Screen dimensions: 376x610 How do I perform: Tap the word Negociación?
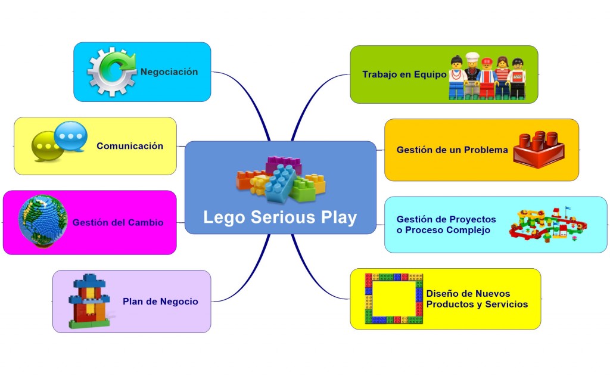click(169, 72)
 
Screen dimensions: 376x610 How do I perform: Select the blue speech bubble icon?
click(71, 136)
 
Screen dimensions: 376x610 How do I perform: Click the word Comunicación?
click(130, 146)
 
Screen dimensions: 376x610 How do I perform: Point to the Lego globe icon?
click(42, 220)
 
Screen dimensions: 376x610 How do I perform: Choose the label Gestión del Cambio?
click(118, 223)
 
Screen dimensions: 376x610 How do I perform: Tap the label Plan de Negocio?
click(160, 302)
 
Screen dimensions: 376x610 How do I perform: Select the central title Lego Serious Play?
click(280, 217)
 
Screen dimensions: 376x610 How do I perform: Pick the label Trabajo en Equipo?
click(404, 75)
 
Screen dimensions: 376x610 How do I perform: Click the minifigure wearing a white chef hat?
click(472, 74)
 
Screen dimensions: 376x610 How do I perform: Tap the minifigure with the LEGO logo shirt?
click(518, 78)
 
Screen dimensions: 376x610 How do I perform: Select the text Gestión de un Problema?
click(452, 150)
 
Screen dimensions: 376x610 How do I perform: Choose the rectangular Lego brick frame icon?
click(394, 299)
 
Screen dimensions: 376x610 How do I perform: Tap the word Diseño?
click(441, 294)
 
